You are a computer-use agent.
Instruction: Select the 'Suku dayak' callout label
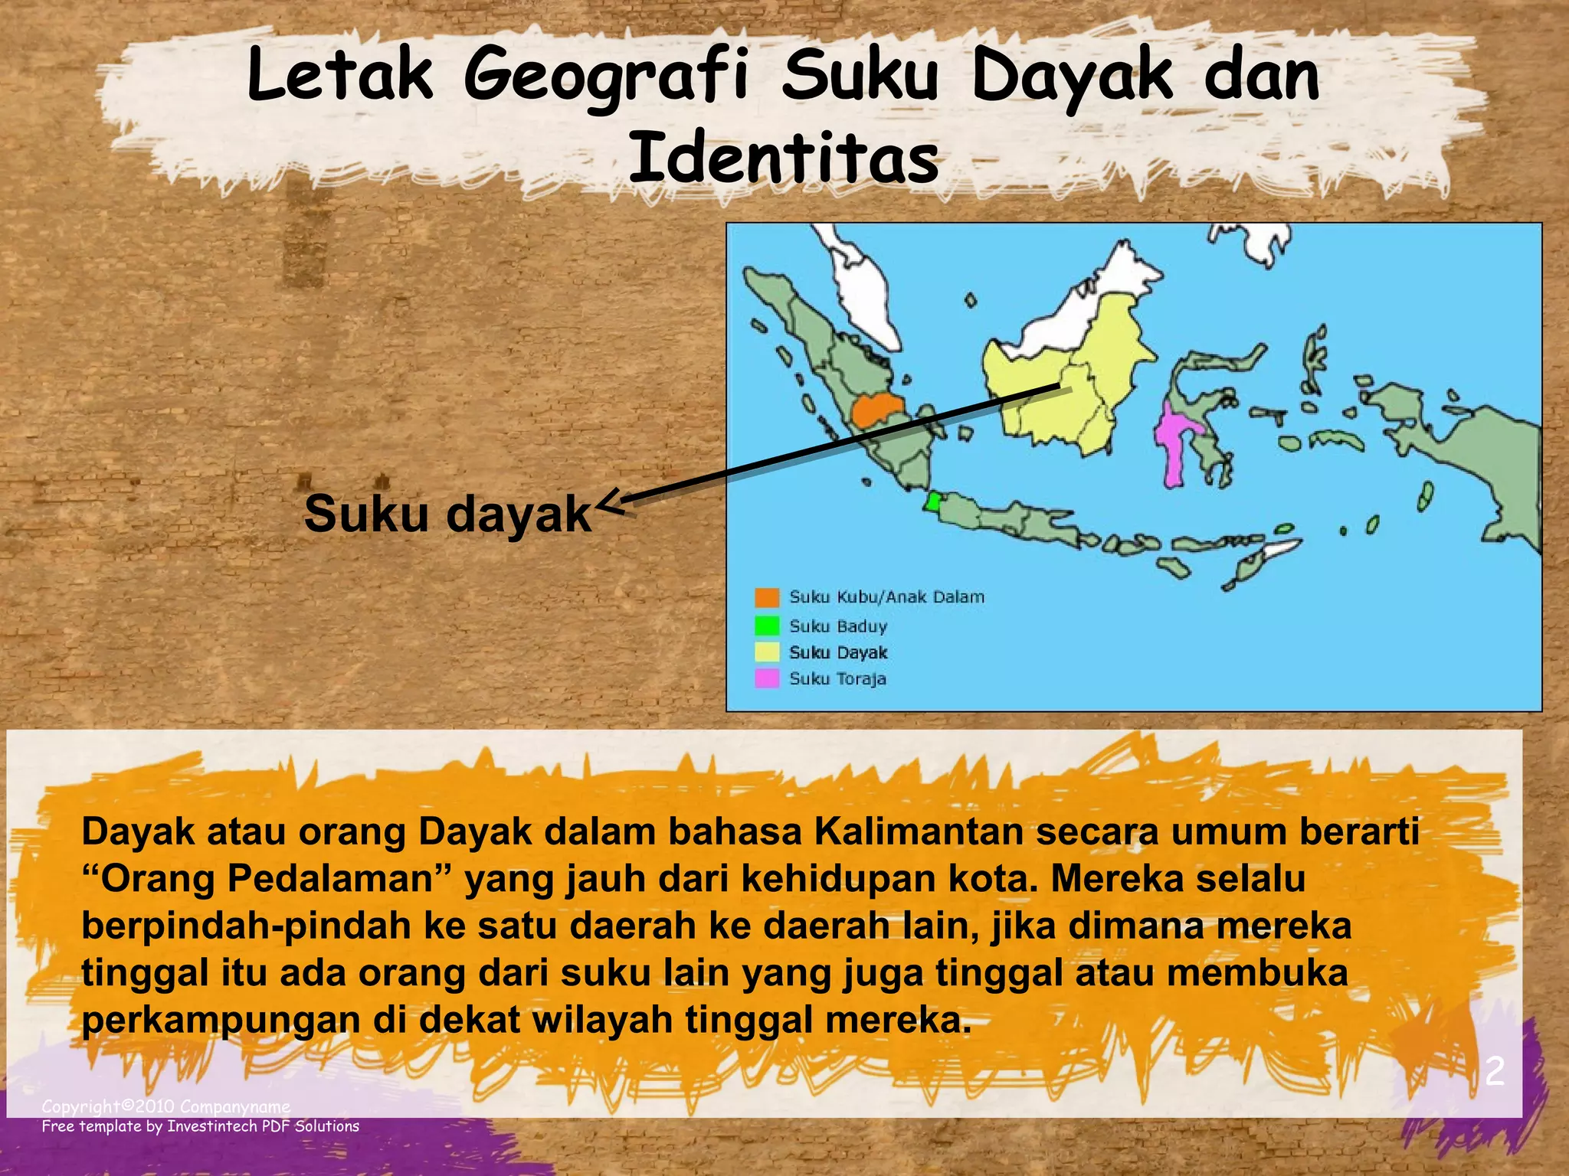[447, 513]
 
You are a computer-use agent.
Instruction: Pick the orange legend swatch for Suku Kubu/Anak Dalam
[766, 597]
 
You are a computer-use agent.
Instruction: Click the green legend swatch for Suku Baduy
[766, 626]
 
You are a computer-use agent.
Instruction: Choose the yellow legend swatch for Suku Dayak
[766, 652]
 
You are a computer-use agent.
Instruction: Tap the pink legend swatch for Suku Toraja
[766, 678]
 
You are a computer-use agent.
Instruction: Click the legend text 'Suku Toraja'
[837, 678]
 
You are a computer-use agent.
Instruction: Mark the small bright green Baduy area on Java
[932, 501]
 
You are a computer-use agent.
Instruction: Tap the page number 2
[1494, 1072]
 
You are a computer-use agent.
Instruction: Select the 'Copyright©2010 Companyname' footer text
[165, 1106]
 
